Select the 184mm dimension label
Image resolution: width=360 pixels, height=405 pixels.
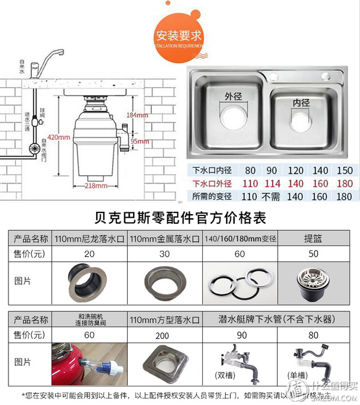coord(137,115)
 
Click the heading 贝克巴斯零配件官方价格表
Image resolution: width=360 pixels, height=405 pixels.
coord(180,217)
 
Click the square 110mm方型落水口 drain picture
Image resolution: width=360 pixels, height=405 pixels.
coord(166,361)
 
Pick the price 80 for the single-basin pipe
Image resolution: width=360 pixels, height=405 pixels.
coord(311,334)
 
